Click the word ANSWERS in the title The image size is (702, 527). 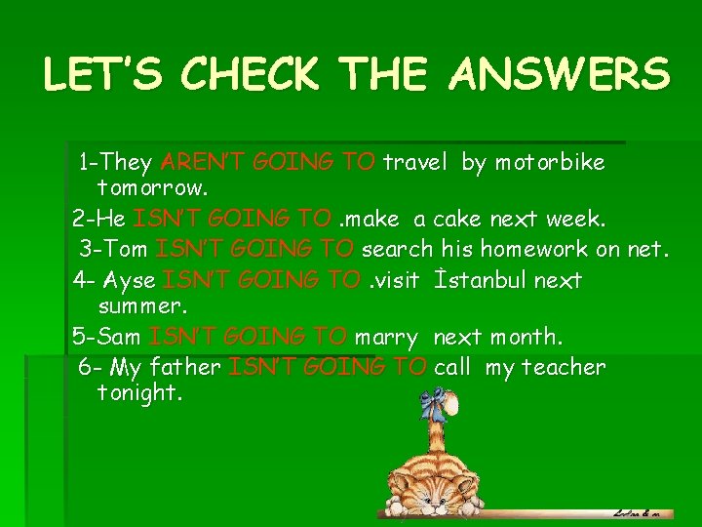[x=559, y=74]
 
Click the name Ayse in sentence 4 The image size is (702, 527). [x=129, y=280]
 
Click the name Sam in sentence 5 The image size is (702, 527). [x=119, y=337]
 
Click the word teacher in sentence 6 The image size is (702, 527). [x=564, y=367]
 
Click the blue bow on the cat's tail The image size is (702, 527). [x=434, y=401]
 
